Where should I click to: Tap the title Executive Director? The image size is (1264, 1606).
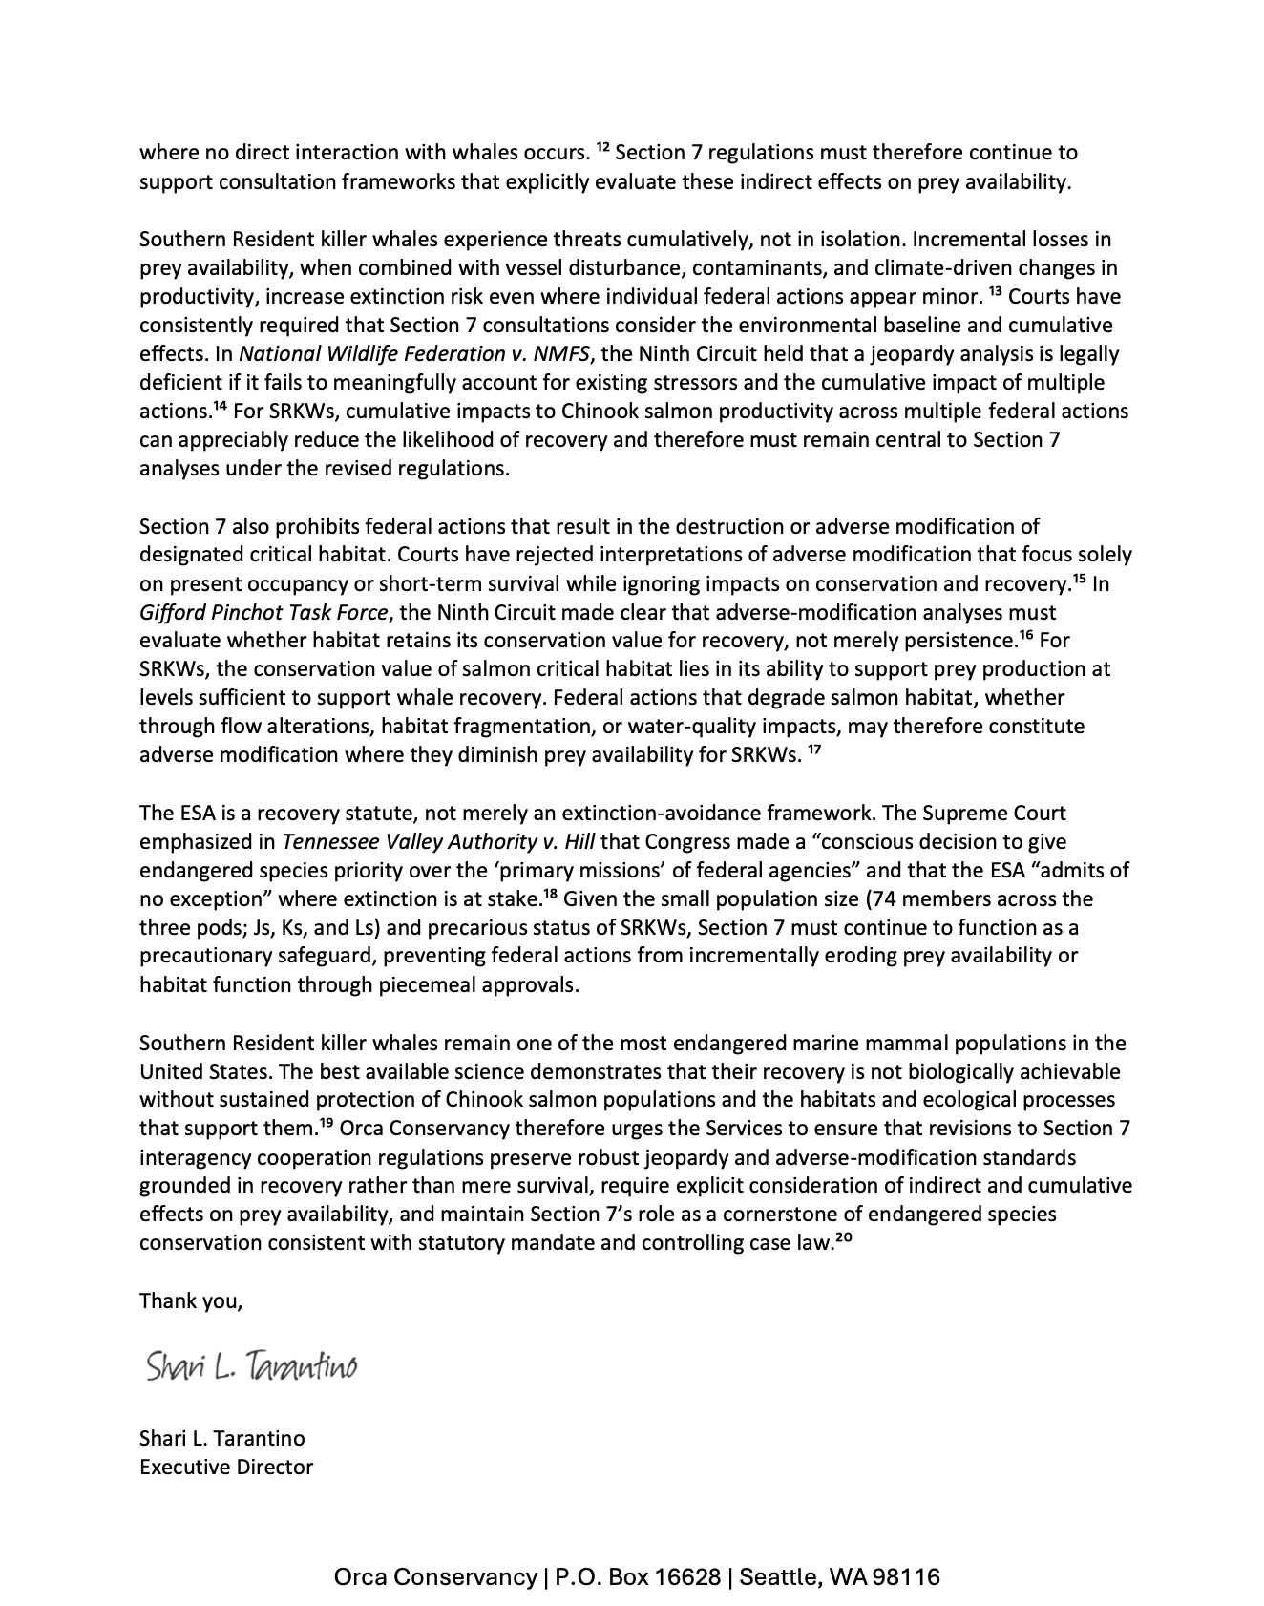(226, 1467)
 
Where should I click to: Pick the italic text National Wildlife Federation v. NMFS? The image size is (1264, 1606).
(415, 354)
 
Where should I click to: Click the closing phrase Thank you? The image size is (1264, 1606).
(191, 1300)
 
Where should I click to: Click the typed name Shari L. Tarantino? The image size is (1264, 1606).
(222, 1438)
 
